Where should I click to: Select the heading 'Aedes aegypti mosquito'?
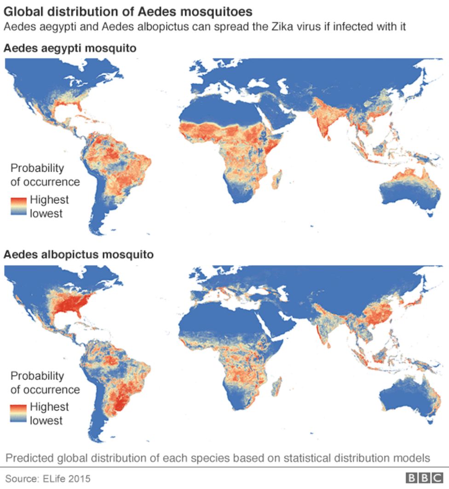70,48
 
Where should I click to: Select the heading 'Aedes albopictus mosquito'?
78,254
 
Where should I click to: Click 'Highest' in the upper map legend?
49,200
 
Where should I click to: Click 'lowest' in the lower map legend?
46,420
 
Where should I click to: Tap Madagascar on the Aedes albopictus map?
277,385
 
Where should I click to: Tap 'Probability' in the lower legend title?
37,375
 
